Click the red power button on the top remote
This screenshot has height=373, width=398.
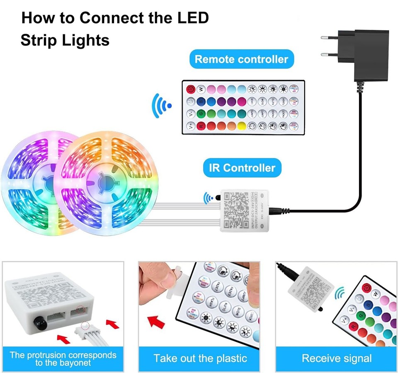[x=191, y=89]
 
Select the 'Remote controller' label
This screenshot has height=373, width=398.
[x=241, y=59]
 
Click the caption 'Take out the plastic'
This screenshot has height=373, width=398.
[x=200, y=358]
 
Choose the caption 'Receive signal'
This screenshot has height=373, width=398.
[x=337, y=358]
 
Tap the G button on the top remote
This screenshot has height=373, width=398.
[x=201, y=113]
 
